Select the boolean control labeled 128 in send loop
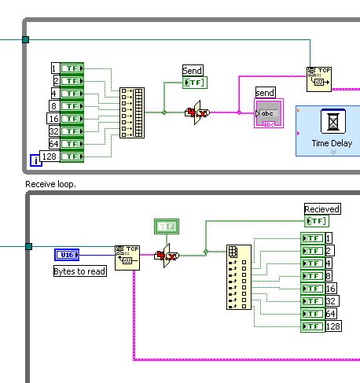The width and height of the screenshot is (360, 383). pyautogui.click(x=73, y=157)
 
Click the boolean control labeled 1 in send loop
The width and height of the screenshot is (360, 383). pyautogui.click(x=73, y=68)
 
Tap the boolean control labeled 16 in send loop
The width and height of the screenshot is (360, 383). pyautogui.click(x=73, y=119)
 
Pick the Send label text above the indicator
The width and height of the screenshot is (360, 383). pyautogui.click(x=193, y=71)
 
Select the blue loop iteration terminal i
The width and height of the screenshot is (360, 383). pyautogui.click(x=35, y=161)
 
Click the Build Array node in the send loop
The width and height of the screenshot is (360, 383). pyautogui.click(x=132, y=112)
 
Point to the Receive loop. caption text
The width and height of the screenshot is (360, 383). pyautogui.click(x=53, y=183)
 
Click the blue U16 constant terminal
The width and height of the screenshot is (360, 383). pyautogui.click(x=67, y=254)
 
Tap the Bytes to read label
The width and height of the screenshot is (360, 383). pyautogui.click(x=79, y=271)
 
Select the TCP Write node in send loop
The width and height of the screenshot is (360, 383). pyautogui.click(x=318, y=79)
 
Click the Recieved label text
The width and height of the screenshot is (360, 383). pyautogui.click(x=322, y=208)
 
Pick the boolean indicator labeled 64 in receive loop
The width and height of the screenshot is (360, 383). pyautogui.click(x=312, y=313)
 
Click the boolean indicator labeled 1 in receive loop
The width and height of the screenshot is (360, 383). pyautogui.click(x=312, y=238)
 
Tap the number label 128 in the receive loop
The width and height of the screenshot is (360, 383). pyautogui.click(x=332, y=326)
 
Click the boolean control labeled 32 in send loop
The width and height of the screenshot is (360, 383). pyautogui.click(x=73, y=131)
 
